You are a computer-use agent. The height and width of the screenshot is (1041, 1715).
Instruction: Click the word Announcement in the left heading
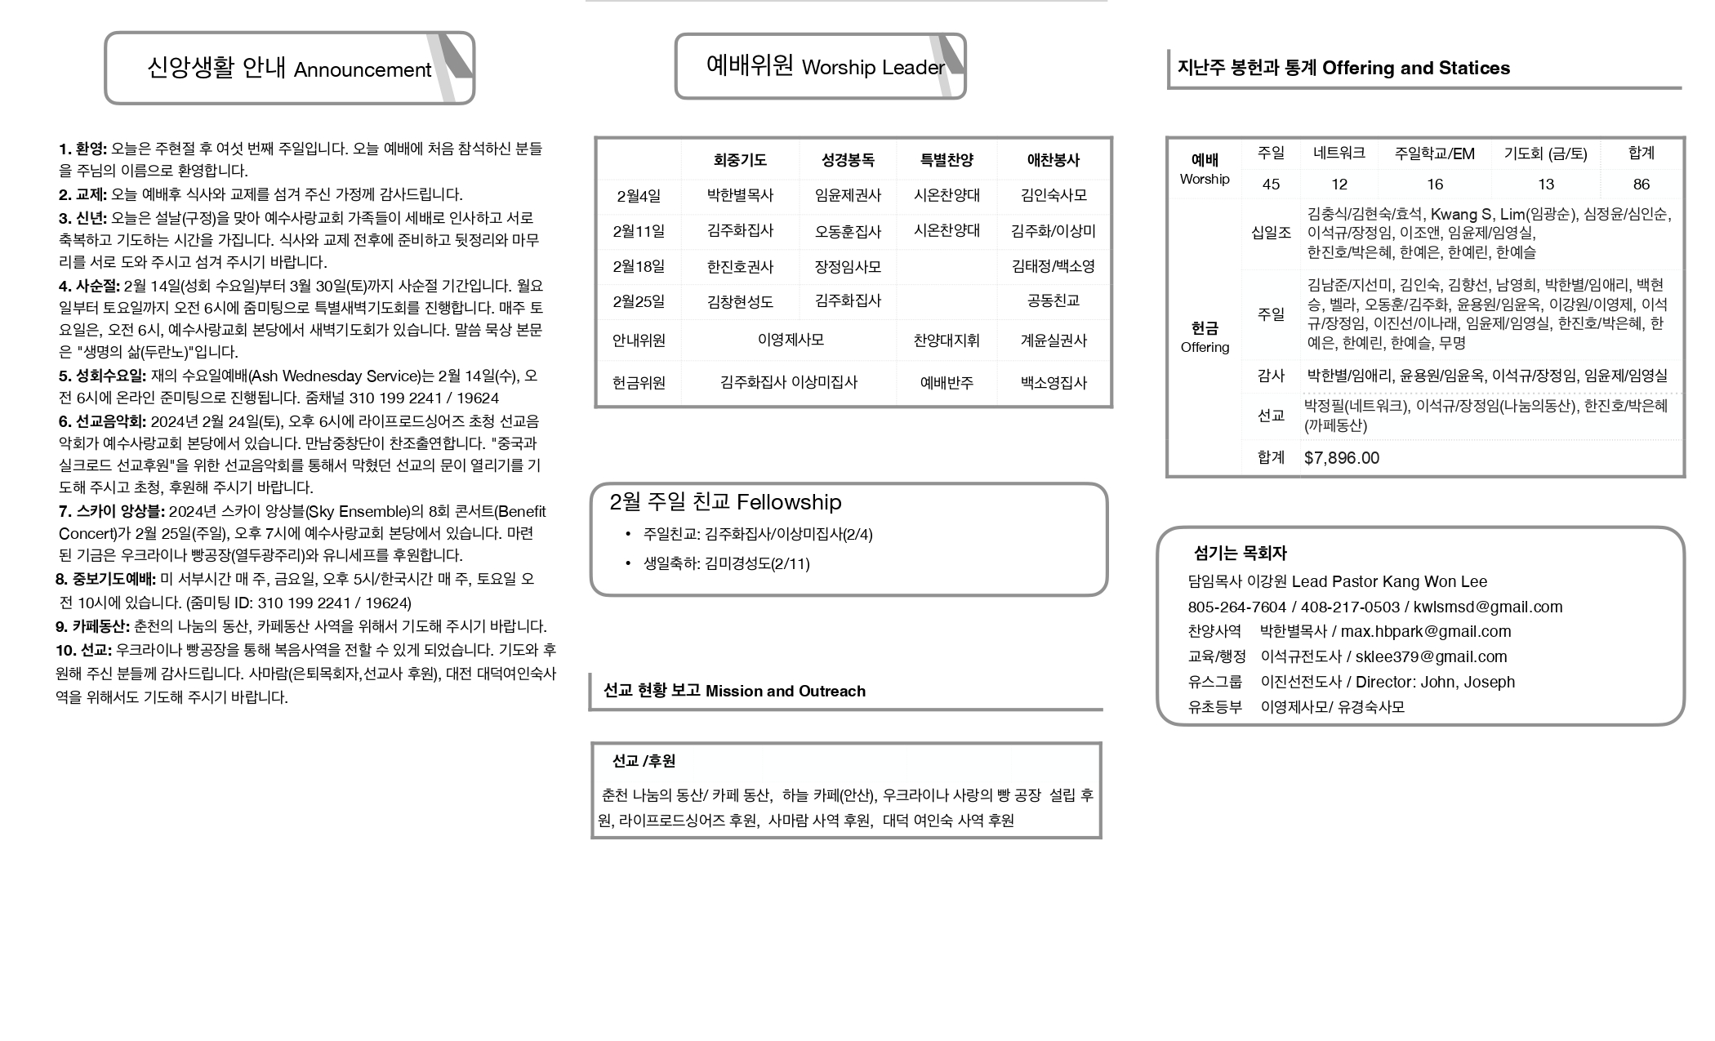point(362,70)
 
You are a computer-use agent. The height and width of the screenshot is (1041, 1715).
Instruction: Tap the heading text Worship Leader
point(872,68)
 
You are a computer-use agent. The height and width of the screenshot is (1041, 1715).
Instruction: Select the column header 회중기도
point(740,161)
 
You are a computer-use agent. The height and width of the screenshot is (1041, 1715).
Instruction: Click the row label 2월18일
point(639,267)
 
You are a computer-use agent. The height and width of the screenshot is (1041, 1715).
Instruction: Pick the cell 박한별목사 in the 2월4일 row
point(740,196)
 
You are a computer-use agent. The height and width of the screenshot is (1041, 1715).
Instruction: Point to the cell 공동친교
point(1053,301)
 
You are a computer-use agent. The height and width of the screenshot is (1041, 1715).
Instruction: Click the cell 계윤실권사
point(1053,340)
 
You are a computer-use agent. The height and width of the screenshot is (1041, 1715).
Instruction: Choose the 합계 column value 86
point(1641,185)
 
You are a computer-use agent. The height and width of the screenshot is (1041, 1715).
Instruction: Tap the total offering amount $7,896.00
point(1342,458)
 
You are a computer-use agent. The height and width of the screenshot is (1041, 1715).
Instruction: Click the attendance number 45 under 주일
point(1271,185)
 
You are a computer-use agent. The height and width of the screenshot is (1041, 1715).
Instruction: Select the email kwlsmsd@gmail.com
point(1488,607)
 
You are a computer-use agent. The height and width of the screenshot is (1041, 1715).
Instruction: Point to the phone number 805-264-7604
point(1236,607)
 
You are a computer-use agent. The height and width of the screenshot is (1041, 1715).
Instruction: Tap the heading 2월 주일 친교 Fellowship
point(725,502)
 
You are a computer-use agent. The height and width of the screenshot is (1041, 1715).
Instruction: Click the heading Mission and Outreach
point(785,692)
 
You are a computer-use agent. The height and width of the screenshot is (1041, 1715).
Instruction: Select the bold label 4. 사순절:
point(89,287)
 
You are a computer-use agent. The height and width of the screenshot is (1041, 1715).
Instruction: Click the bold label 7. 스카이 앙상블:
point(111,512)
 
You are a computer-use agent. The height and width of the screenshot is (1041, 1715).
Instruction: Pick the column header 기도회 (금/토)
point(1545,153)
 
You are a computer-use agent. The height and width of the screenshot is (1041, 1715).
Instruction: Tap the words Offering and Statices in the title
point(1415,69)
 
